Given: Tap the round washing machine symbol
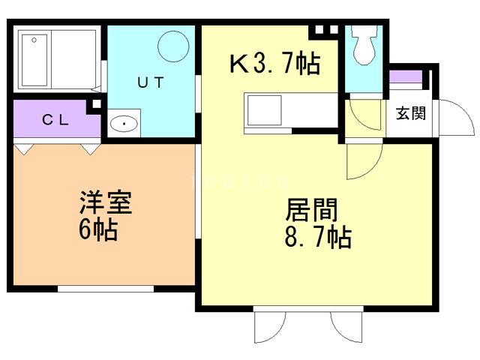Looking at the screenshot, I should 175,46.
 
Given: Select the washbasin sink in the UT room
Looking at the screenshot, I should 122,123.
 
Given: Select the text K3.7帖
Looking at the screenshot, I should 274,64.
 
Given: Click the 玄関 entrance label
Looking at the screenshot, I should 410,114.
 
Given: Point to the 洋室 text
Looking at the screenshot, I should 106,204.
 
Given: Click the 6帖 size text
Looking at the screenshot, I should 98,230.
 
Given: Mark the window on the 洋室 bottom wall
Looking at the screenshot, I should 105,288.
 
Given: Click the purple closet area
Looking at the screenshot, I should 55,121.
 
